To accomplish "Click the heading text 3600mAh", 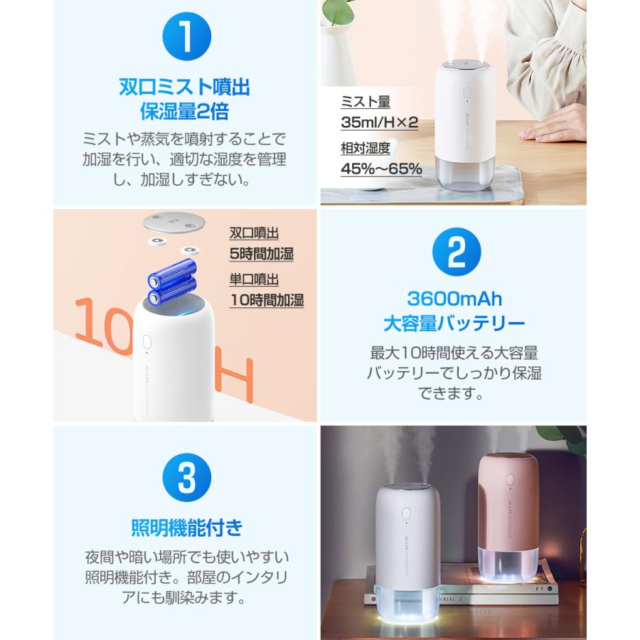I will tap(457, 299).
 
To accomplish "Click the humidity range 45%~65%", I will tap(381, 169).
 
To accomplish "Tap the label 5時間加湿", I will tap(261, 254).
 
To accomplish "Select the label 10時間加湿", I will tap(267, 299).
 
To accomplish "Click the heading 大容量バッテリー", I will tap(457, 324).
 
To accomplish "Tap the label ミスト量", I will tap(366, 102).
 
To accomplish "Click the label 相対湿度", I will tap(366, 149).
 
